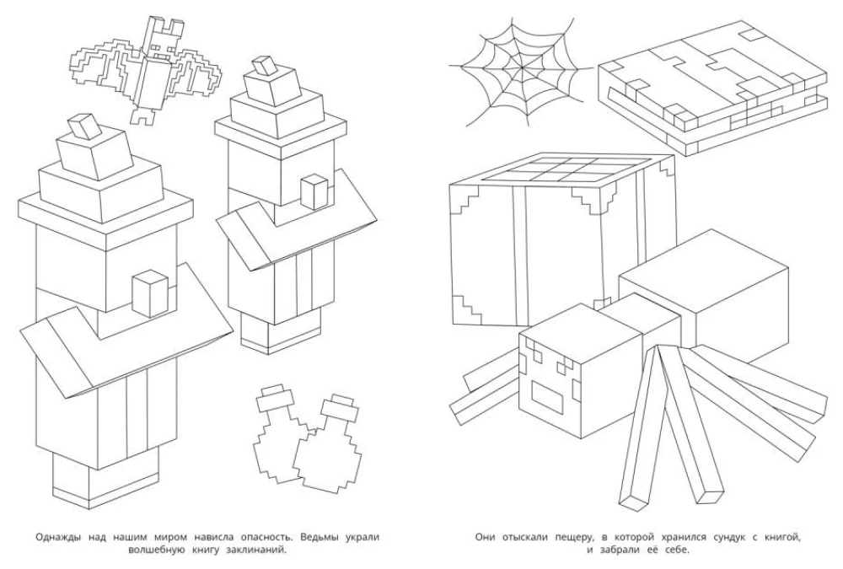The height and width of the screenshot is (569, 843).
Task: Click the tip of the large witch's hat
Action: click(84, 126)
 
